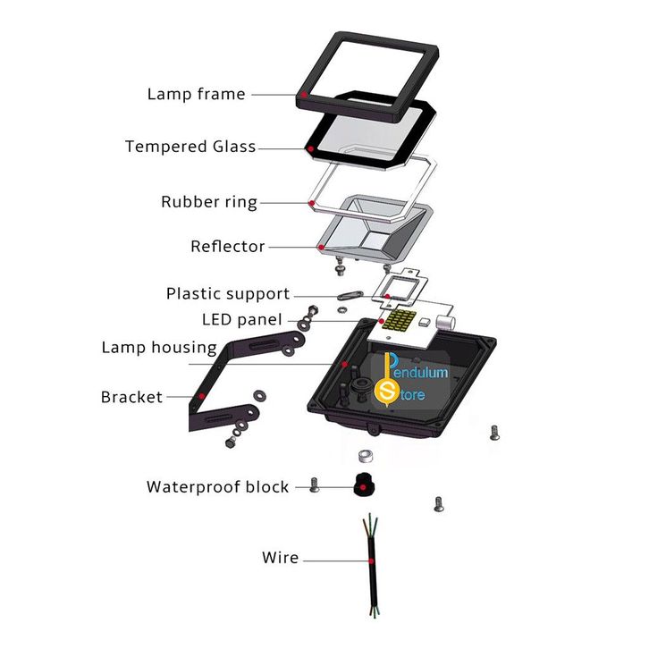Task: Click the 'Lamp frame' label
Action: [x=196, y=94]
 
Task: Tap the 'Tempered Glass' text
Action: [x=190, y=147]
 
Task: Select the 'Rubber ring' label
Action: [x=209, y=202]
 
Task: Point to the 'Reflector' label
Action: [x=227, y=246]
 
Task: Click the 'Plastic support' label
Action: [x=228, y=293]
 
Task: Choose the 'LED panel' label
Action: [x=241, y=319]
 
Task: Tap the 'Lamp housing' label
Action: [x=159, y=347]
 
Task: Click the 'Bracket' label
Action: [x=131, y=396]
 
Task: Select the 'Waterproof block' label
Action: [x=217, y=487]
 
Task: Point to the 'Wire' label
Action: [x=280, y=558]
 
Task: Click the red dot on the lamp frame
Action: [x=306, y=94]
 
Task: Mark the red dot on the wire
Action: [x=371, y=560]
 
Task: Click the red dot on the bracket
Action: [x=203, y=395]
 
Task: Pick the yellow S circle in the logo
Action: [x=388, y=391]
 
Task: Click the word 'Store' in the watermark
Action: [x=414, y=394]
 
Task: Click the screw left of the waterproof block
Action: [x=314, y=485]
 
